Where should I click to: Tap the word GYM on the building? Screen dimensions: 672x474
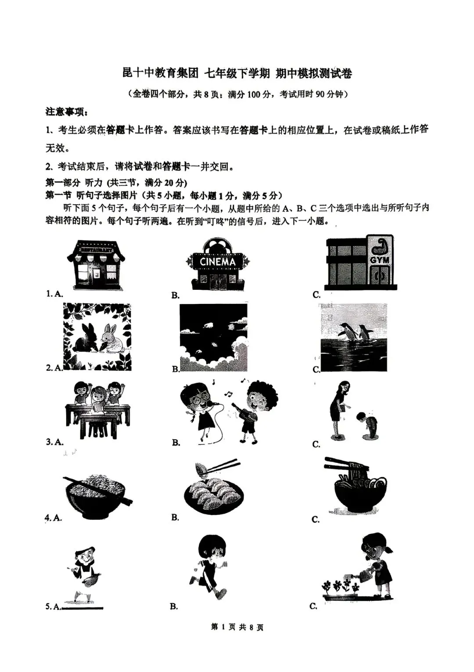pos(380,260)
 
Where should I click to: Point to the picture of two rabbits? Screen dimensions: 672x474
pos(97,337)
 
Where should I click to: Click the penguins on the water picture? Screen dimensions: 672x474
pos(354,337)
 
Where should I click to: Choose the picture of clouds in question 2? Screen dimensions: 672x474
pos(214,337)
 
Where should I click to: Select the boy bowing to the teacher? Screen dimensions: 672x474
pos(367,424)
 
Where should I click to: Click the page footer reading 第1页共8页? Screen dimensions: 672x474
pos(237,628)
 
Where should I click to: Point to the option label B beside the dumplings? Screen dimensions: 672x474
pos(175,518)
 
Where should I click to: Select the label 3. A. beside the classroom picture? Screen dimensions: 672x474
pos(55,442)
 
